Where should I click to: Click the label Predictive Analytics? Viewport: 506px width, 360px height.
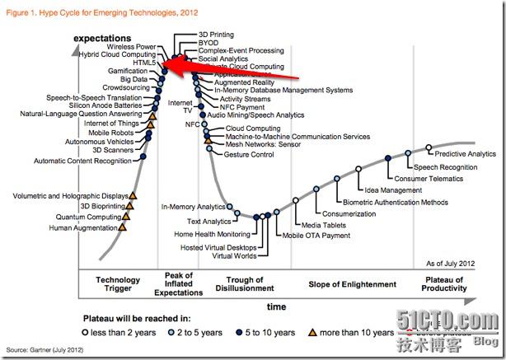click(466, 154)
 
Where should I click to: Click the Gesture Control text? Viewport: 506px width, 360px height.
click(248, 154)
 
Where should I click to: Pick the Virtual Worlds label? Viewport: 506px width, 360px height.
click(234, 255)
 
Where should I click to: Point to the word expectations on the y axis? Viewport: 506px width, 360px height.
click(103, 39)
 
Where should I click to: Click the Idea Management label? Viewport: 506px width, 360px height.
click(392, 190)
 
